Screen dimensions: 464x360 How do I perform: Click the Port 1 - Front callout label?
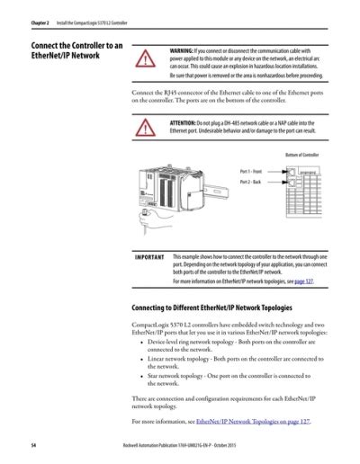(250, 170)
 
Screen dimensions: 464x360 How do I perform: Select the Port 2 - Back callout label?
(249, 182)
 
